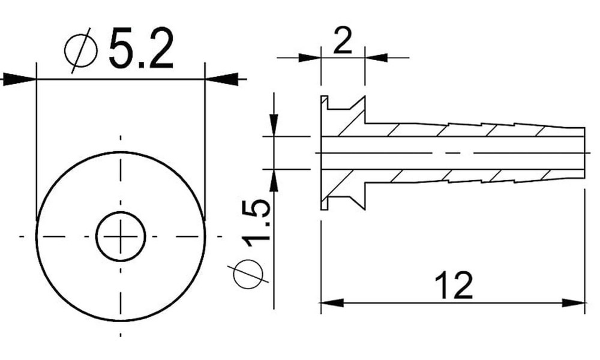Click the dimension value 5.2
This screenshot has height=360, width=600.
coord(141,49)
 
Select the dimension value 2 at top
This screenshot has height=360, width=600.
coord(342,43)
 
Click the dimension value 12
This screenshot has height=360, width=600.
coord(454,286)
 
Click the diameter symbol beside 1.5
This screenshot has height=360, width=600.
coord(248,274)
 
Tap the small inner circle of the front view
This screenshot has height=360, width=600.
coord(121,236)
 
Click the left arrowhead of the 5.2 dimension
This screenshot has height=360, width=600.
coord(18,79)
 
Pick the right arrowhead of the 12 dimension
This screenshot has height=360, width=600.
coord(574,303)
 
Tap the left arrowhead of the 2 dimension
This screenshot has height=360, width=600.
coord(310,58)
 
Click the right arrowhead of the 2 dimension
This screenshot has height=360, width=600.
coord(376,58)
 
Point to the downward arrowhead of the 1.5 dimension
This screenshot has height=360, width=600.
coord(274,126)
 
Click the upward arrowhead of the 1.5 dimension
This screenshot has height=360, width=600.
coord(274,180)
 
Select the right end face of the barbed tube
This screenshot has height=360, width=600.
coord(584,152)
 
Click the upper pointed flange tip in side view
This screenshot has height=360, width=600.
coord(364,98)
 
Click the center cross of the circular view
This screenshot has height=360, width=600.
coord(121,236)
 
